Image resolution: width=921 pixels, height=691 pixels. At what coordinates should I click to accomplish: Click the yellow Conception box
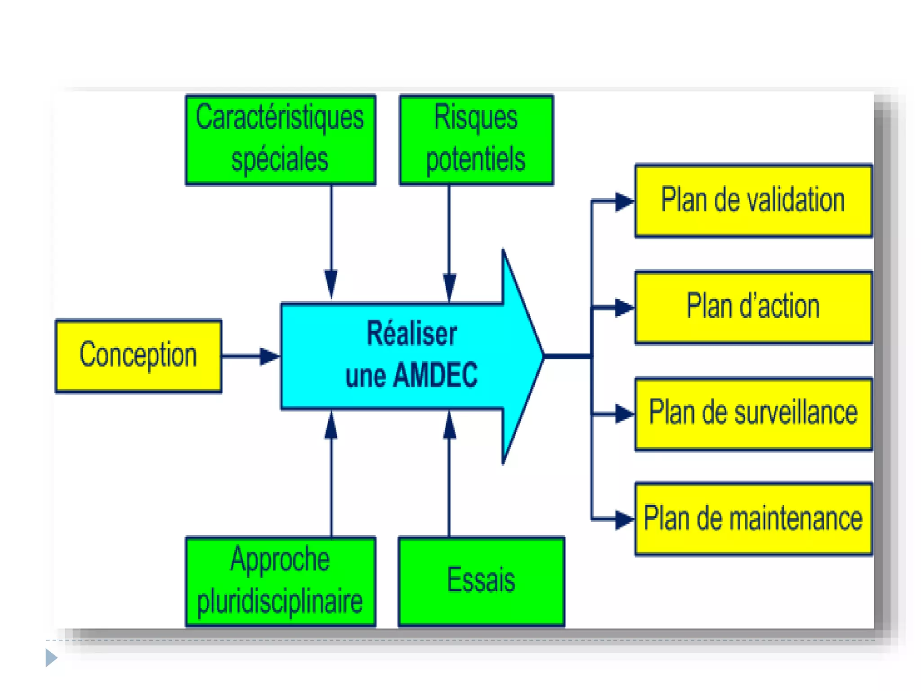[x=138, y=355]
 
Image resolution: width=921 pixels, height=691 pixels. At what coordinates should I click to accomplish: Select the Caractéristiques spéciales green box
[x=281, y=139]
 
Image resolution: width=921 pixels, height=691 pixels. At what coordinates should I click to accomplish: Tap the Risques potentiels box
[x=476, y=139]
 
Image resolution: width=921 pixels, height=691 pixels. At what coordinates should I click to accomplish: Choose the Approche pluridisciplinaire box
[x=281, y=581]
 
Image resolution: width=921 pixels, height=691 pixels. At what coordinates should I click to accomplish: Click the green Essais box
[x=481, y=581]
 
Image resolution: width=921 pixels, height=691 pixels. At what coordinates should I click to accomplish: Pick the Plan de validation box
[x=753, y=201]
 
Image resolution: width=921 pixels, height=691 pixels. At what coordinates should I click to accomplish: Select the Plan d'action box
[x=753, y=307]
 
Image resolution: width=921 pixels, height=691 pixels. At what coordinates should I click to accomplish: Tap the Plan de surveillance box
[x=753, y=413]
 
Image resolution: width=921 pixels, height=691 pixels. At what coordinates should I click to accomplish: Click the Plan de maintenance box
[x=753, y=519]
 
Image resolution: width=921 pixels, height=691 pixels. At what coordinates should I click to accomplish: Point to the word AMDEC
[x=435, y=375]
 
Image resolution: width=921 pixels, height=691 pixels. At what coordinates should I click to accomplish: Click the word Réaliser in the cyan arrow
[x=412, y=334]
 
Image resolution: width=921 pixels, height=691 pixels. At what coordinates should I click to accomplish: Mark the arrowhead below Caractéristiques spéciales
[x=331, y=283]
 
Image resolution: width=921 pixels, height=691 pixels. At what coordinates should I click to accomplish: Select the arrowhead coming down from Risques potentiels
[x=449, y=286]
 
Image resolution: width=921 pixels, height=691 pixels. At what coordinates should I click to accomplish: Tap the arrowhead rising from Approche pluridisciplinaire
[x=331, y=426]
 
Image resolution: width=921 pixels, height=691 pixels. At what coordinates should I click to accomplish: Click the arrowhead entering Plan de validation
[x=624, y=202]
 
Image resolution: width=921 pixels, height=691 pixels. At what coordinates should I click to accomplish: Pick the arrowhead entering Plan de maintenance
[x=624, y=520]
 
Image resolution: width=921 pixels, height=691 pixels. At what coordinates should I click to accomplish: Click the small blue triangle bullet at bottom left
[x=51, y=658]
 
